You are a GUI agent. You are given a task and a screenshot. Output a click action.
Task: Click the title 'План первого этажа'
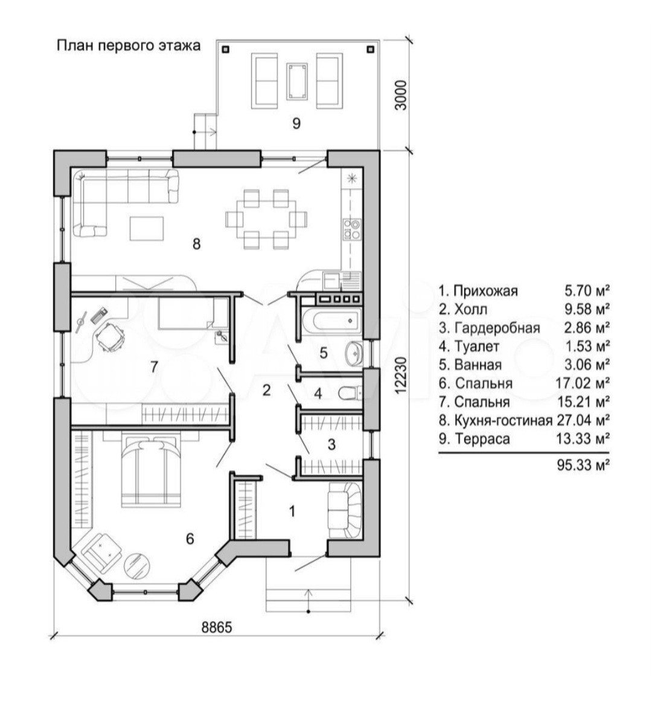coord(128,45)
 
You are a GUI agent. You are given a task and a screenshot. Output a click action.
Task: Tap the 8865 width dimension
coord(216,627)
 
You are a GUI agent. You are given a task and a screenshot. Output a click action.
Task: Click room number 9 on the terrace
coord(296,123)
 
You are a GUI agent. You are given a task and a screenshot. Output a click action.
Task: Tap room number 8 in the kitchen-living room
coord(196,244)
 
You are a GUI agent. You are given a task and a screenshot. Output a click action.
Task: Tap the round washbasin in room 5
coord(353,350)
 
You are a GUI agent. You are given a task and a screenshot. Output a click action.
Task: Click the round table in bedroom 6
coord(136,564)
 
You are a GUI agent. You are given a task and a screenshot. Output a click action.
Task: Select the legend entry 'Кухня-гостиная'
coord(503,420)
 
